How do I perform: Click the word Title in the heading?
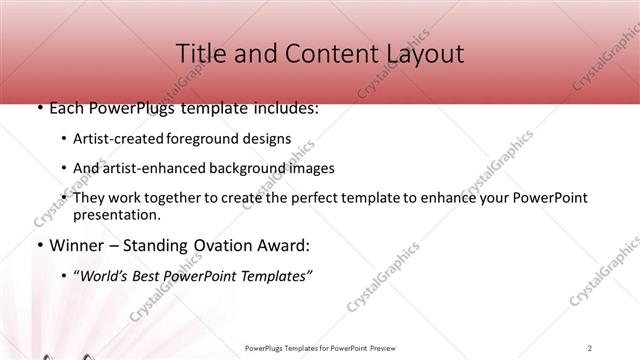coord(200,53)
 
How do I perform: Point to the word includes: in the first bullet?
coord(284,107)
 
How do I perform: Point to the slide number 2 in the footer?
coord(590,348)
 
